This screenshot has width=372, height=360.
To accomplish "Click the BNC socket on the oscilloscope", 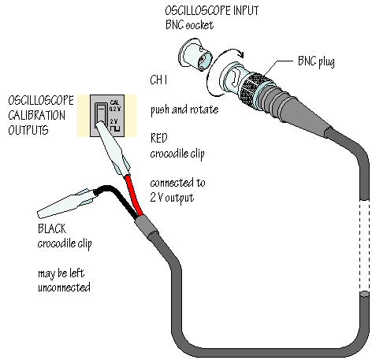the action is pyautogui.click(x=195, y=55).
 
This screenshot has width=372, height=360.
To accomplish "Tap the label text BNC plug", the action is pyautogui.click(x=316, y=62).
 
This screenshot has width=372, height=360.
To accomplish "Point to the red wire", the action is pyautogui.click(x=134, y=195).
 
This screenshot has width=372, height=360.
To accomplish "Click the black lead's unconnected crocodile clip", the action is pyautogui.click(x=65, y=203).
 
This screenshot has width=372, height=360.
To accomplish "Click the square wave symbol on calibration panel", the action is pyautogui.click(x=115, y=128).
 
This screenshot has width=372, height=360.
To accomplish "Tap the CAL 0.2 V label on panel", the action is pyautogui.click(x=115, y=106).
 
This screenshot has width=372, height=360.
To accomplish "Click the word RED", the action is pyautogui.click(x=158, y=138).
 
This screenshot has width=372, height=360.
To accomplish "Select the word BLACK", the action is pyautogui.click(x=52, y=228).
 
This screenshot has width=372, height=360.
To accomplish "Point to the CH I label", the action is pyautogui.click(x=158, y=80).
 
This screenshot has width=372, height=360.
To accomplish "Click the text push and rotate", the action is pyautogui.click(x=184, y=110).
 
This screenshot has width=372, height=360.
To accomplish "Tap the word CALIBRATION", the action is pyautogui.click(x=36, y=115).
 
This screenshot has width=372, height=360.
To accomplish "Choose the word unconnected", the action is pyautogui.click(x=64, y=288).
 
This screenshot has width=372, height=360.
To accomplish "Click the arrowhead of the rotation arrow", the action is pyautogui.click(x=240, y=54).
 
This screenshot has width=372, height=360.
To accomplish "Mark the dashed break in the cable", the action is pyautogui.click(x=364, y=246).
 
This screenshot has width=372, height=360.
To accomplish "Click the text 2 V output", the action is pyautogui.click(x=172, y=198).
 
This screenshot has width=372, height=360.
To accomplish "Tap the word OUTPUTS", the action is pyautogui.click(x=28, y=130).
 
